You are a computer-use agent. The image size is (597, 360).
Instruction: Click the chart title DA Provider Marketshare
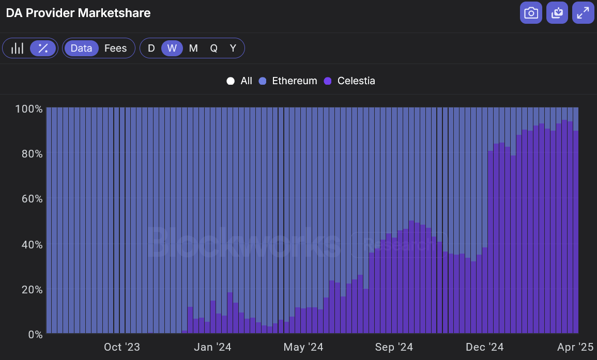(x=78, y=13)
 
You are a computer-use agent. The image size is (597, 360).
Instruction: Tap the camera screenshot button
(x=531, y=13)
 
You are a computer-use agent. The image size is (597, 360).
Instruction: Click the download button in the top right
(x=557, y=13)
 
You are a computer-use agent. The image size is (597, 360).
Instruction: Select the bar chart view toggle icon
(x=18, y=48)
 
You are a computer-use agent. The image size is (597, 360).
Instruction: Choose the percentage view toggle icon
(x=43, y=48)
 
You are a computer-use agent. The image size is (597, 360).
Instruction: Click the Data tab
(x=81, y=48)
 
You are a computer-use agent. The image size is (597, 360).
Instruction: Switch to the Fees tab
(x=115, y=48)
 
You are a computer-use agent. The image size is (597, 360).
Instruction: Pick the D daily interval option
(x=151, y=48)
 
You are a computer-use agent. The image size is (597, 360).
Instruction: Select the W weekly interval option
(x=172, y=48)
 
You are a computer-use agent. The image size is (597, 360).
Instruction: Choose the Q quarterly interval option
(x=213, y=48)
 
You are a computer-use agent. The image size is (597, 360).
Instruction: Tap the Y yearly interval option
(x=233, y=48)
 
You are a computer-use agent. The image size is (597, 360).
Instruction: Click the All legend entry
(x=240, y=81)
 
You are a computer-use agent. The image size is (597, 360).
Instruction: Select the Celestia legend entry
(x=350, y=81)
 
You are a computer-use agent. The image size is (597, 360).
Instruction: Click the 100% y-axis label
(x=29, y=109)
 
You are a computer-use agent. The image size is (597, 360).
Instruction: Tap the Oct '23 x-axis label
(x=122, y=347)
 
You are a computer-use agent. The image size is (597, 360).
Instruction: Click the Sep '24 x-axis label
(x=394, y=347)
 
